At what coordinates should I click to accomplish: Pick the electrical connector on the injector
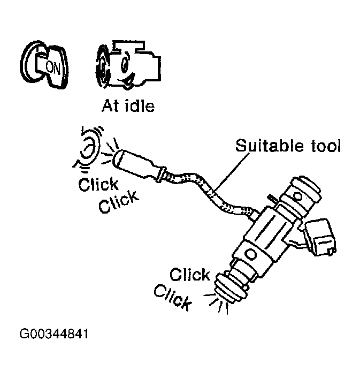click(321, 235)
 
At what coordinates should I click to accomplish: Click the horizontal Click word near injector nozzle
click(190, 275)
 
